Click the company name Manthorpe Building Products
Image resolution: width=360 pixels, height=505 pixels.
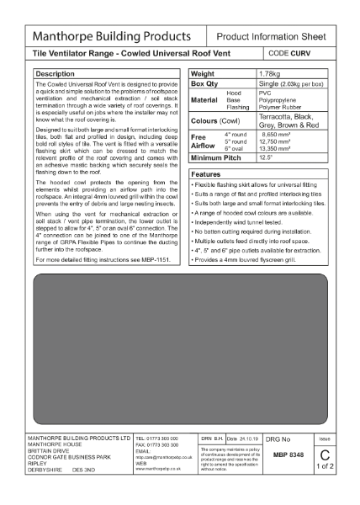111,38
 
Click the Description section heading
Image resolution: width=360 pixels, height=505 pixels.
56,74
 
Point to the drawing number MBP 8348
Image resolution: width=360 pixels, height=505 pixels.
288,453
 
